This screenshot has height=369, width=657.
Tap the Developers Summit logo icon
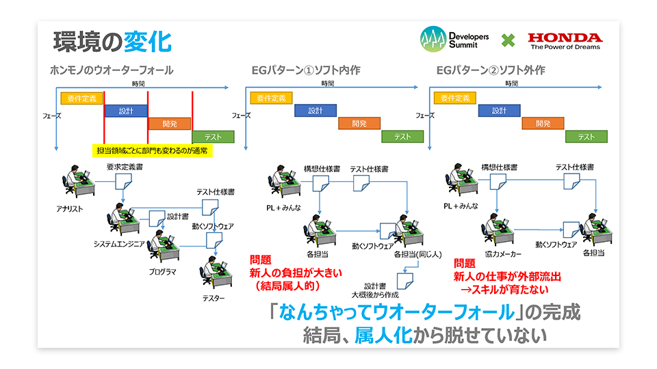pos(433,40)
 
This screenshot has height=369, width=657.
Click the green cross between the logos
pos(507,41)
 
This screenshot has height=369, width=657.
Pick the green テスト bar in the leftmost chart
pos(213,137)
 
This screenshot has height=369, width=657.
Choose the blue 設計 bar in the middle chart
pos(315,111)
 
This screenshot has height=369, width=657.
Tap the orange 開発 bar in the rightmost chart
pos(543,124)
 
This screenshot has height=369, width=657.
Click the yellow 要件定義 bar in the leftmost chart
pos(81,98)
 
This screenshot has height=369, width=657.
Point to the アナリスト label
pos(70,208)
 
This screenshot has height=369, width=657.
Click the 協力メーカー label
pos(502,253)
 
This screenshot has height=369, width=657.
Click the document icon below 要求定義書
pos(123,182)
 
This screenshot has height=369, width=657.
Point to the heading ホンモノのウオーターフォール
pos(112,70)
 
